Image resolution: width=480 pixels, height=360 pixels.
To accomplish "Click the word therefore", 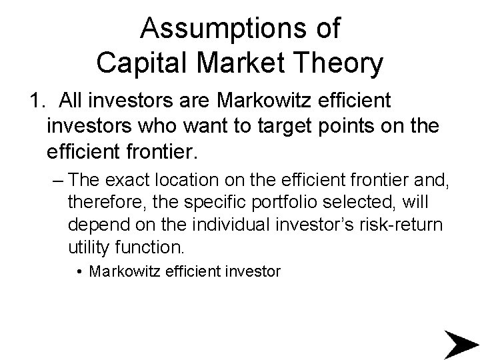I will click(x=100, y=202).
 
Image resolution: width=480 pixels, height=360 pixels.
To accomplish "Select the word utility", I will click(x=90, y=248).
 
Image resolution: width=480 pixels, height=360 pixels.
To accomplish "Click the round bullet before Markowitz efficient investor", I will click(x=79, y=272).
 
